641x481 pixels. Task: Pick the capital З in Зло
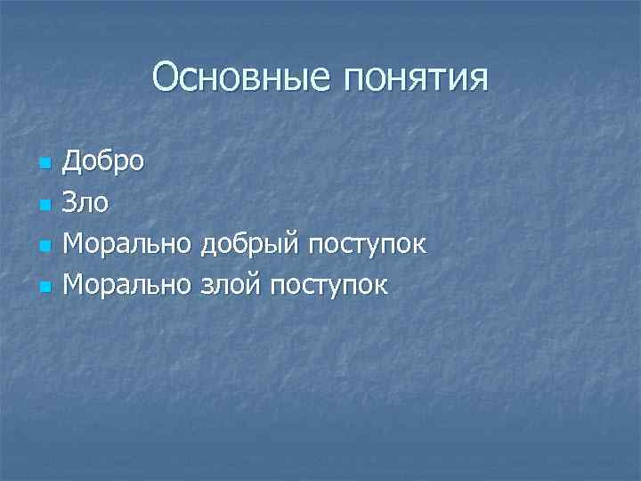pyautogui.click(x=71, y=204)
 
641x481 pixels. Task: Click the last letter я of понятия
pyautogui.click(x=478, y=80)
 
